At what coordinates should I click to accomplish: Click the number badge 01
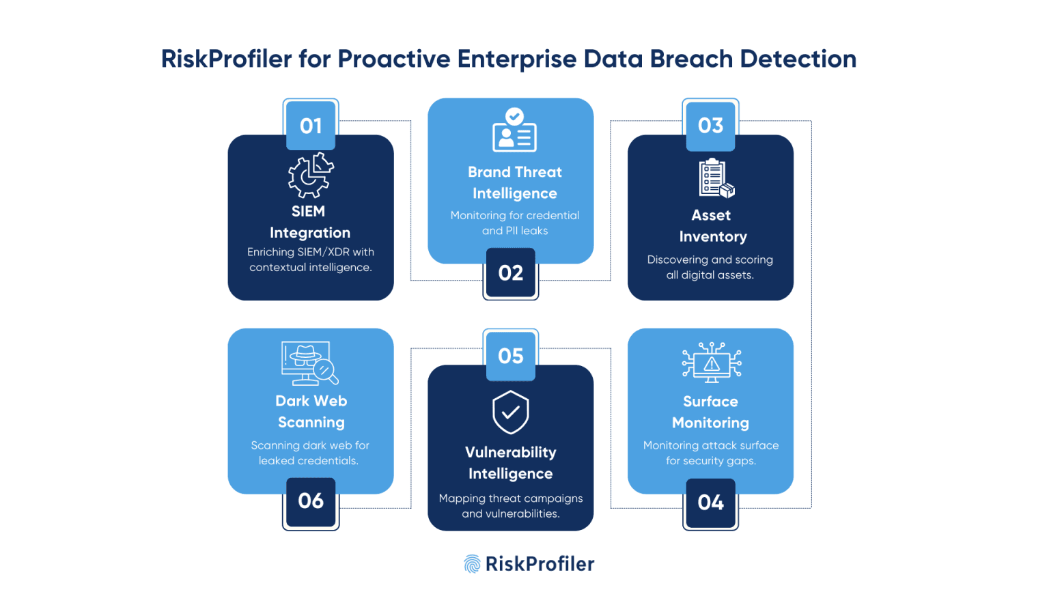pos(311,126)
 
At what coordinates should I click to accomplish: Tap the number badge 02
pos(511,273)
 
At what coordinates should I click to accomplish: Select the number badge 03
pos(710,126)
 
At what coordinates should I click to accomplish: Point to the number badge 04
pos(710,503)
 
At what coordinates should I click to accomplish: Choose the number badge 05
pos(511,356)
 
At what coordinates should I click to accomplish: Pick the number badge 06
pos(311,501)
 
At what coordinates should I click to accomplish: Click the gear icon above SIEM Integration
pos(311,175)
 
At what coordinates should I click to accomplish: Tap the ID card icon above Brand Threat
pos(515,130)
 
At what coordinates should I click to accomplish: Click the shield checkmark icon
pos(511,412)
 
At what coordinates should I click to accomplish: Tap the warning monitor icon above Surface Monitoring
pos(712,362)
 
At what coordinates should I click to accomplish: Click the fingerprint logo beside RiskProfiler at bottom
pos(472,564)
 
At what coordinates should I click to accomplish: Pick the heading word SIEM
pos(308,212)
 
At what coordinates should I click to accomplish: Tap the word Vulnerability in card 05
pos(511,453)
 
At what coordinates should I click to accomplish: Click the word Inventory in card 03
pos(713,237)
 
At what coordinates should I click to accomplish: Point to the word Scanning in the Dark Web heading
pos(311,423)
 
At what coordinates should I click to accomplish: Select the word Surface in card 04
pos(710,402)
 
